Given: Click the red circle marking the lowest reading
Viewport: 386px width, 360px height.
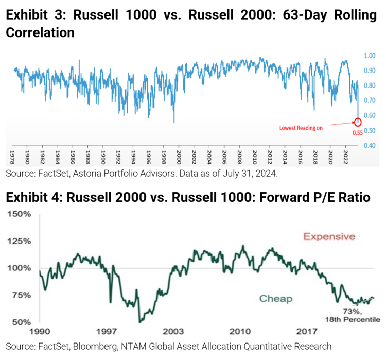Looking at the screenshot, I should [358, 122].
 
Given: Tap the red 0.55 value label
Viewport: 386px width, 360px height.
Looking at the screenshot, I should [357, 132].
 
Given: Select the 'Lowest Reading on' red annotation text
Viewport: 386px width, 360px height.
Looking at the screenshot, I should [301, 128].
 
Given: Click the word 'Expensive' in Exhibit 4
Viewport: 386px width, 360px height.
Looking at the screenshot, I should [328, 237].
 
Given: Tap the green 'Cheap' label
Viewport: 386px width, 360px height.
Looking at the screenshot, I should [275, 299].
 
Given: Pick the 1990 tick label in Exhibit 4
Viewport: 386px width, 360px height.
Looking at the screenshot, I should [40, 333].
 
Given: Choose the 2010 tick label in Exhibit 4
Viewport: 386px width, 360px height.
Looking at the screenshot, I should [241, 333].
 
